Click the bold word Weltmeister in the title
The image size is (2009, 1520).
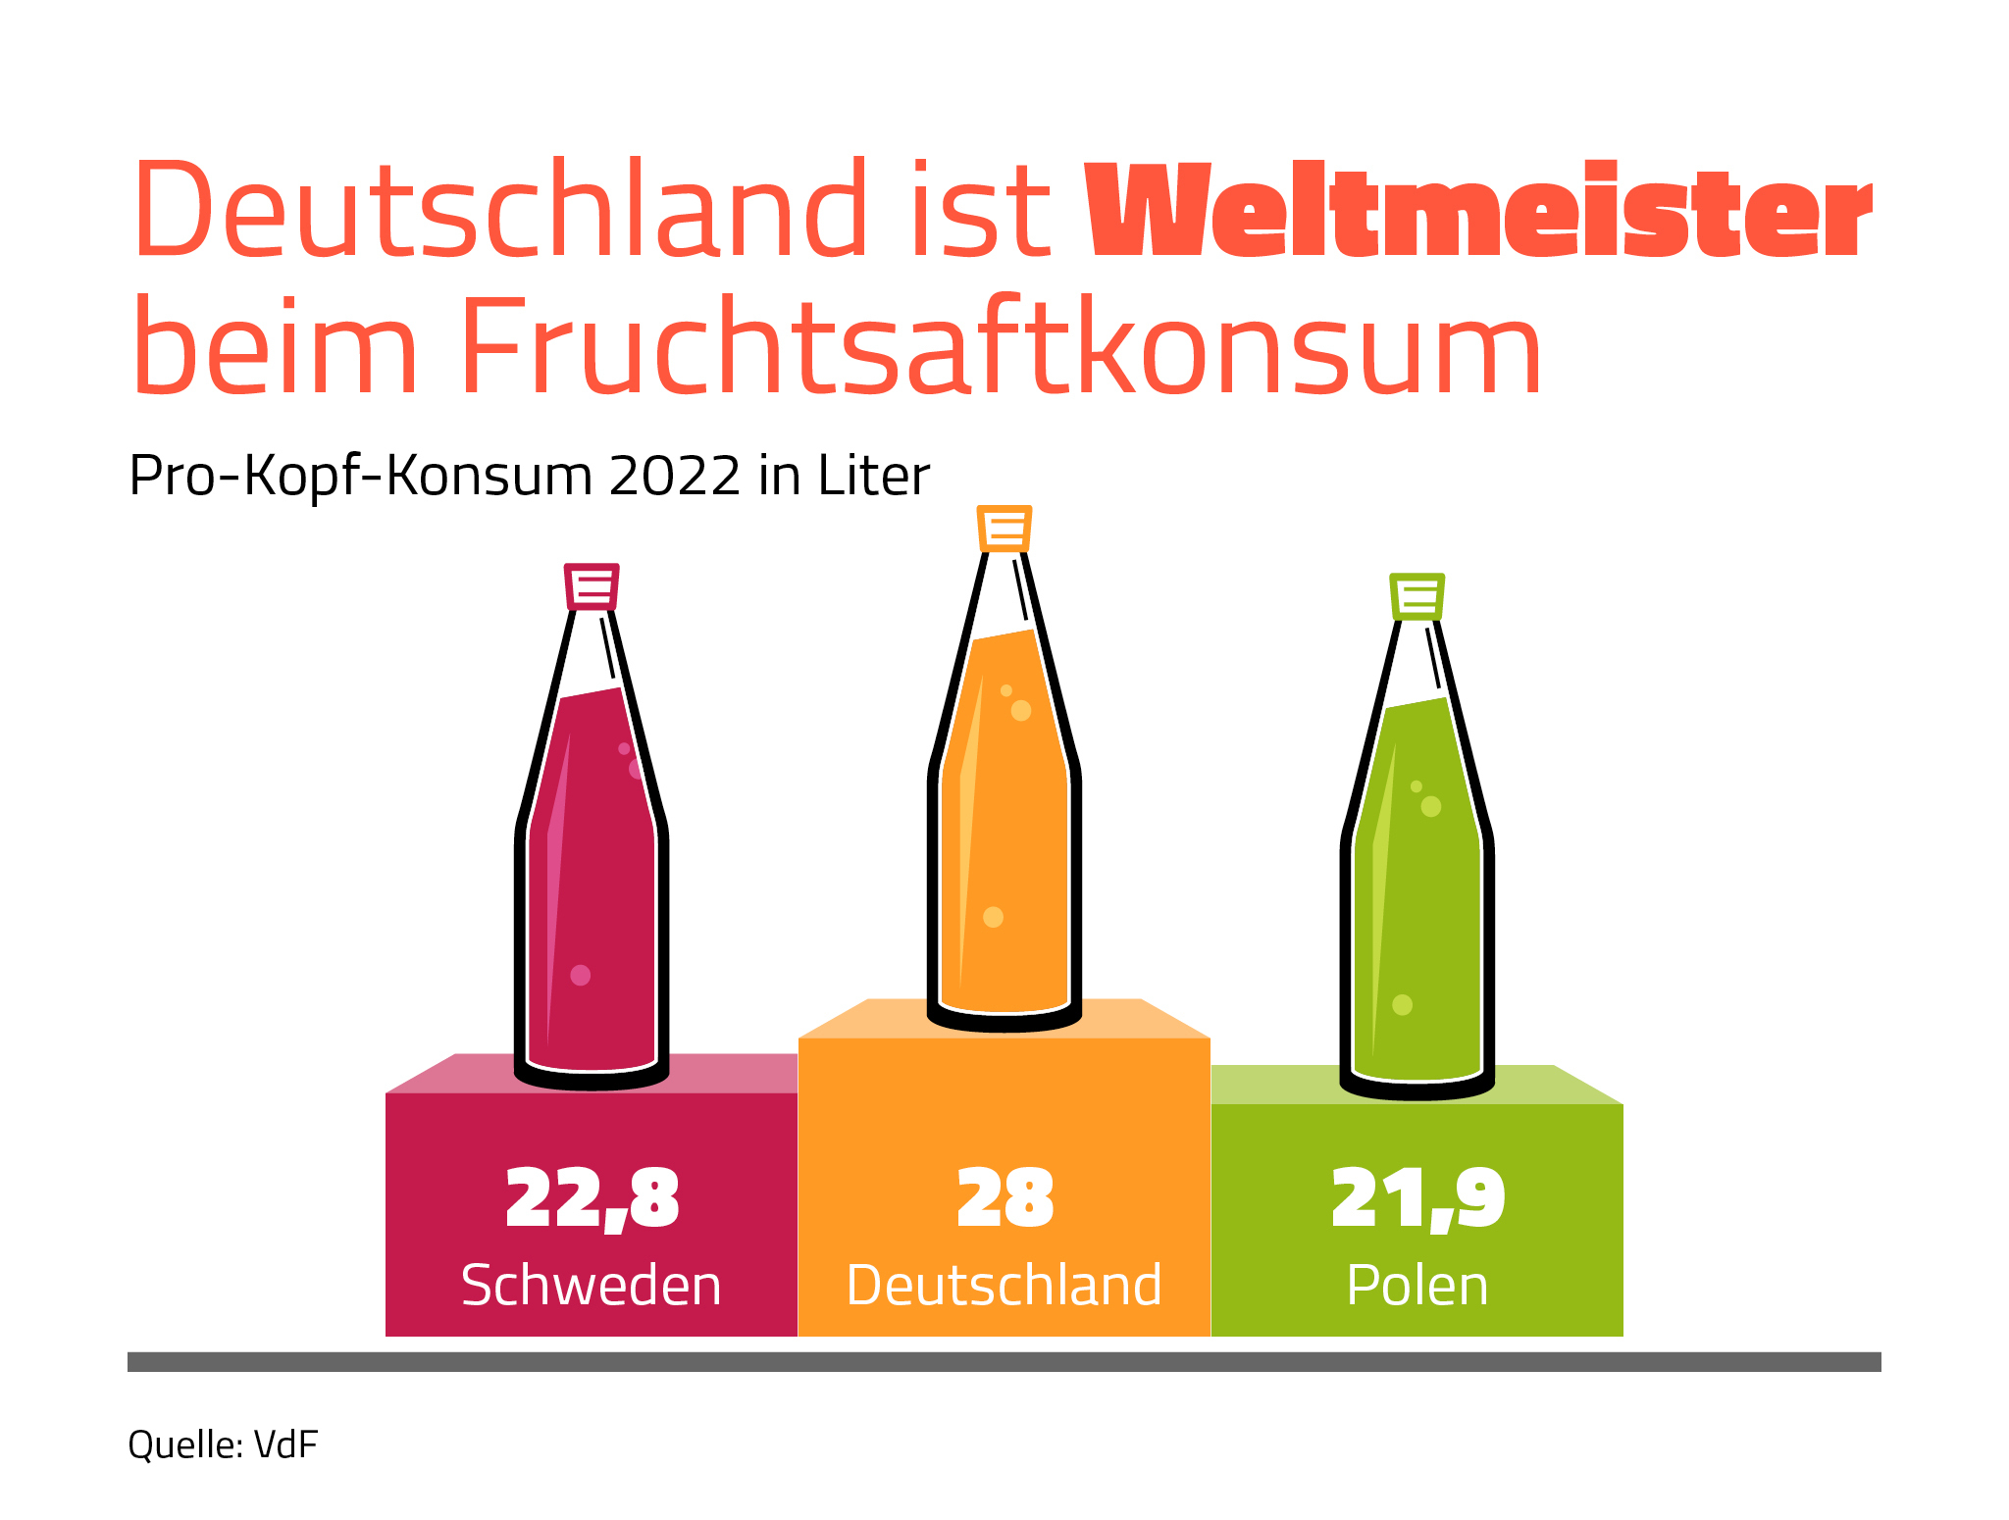[1479, 210]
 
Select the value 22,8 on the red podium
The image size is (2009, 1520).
[592, 1198]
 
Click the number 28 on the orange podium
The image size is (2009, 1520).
[1005, 1197]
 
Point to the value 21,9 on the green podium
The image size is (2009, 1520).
[1417, 1198]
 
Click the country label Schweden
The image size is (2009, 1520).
[592, 1285]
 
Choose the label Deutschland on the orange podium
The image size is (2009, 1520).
[1004, 1285]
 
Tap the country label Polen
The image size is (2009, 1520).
[1417, 1285]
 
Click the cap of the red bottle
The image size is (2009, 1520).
[592, 586]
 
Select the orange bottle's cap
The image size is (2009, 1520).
[1004, 529]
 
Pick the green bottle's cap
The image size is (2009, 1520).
[1417, 597]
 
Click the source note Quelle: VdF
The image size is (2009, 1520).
[223, 1445]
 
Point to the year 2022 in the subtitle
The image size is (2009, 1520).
[675, 477]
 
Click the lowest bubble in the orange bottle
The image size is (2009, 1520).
[993, 917]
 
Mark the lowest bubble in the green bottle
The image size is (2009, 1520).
[1403, 1004]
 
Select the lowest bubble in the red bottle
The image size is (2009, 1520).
[581, 975]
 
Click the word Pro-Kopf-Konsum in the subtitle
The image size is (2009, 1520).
[361, 478]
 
